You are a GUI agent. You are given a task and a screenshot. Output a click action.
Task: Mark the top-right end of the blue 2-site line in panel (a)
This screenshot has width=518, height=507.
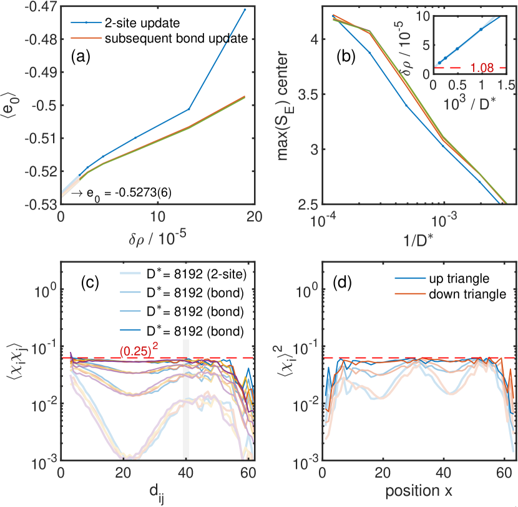click(245, 9)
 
